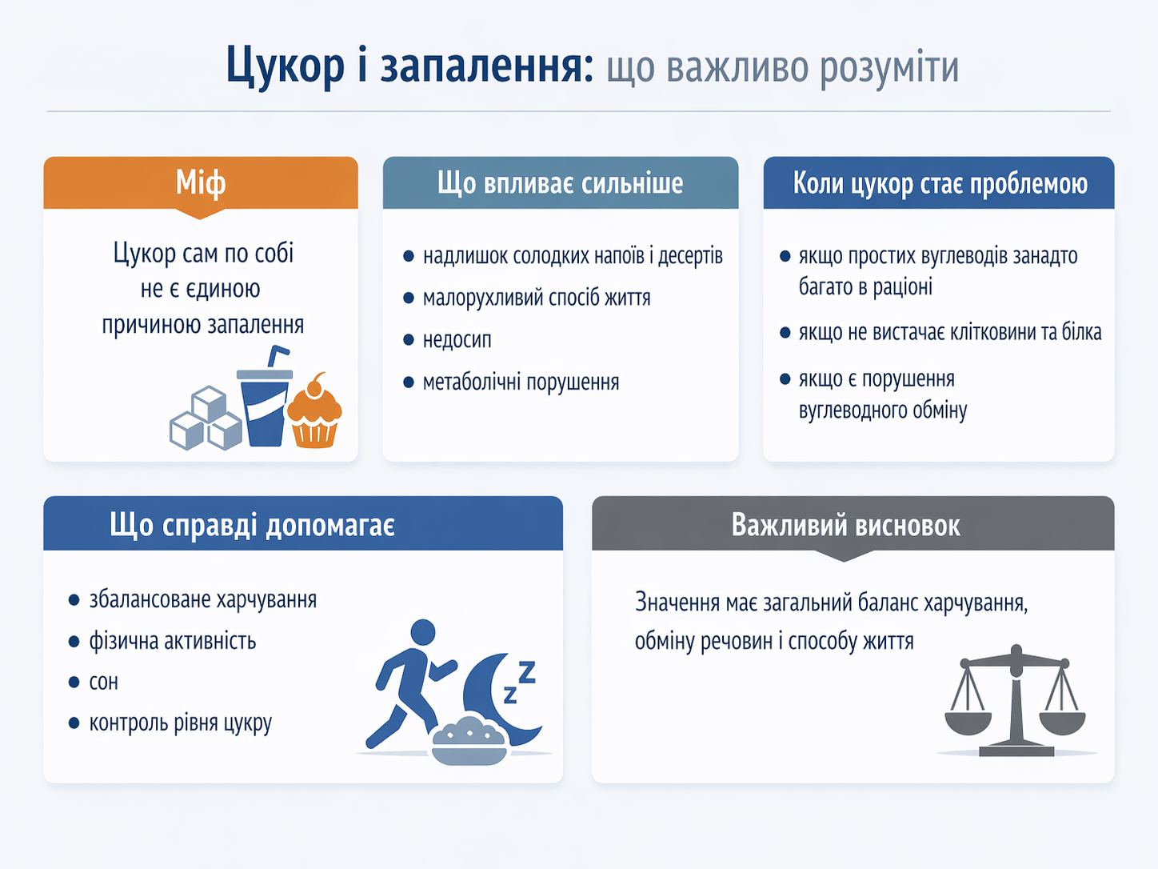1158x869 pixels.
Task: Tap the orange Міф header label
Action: tap(201, 183)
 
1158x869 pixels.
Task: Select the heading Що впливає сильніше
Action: tap(561, 183)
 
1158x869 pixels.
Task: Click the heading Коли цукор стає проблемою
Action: tap(940, 183)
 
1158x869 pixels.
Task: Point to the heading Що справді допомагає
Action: tap(252, 525)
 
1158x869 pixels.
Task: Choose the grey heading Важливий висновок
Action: tap(845, 526)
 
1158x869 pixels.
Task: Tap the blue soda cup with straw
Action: tap(266, 396)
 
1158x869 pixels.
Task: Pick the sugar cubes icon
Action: tap(206, 418)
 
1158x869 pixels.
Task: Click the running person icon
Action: tap(412, 683)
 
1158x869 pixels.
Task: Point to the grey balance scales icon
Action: tap(1015, 702)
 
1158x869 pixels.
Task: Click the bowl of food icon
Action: tap(469, 741)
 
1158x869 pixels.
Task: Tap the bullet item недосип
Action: tap(457, 340)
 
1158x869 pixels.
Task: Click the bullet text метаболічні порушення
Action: tap(521, 382)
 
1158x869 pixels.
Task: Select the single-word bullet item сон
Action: tap(103, 683)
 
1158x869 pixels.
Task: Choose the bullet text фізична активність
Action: tap(173, 641)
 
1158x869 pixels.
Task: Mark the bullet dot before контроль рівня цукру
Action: tap(74, 723)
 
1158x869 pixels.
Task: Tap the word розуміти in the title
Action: tap(889, 69)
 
